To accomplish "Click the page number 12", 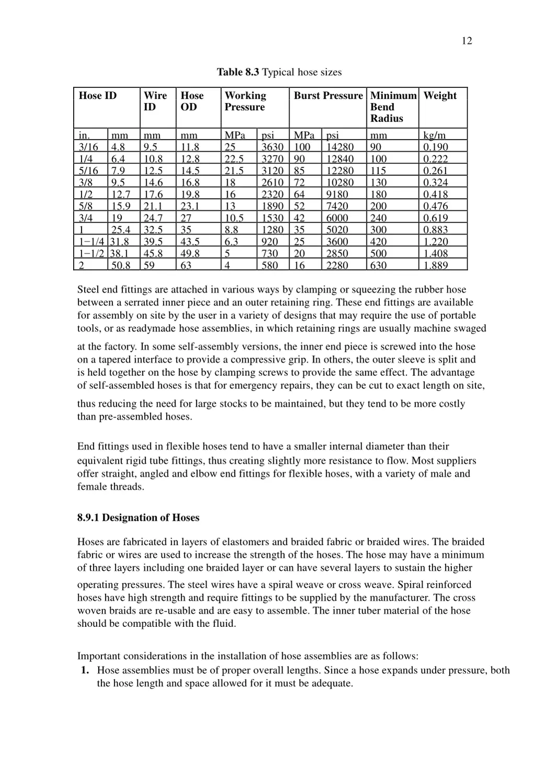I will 467,41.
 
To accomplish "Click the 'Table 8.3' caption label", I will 238,72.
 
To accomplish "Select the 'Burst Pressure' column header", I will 328,96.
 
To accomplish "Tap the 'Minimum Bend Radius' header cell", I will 393,107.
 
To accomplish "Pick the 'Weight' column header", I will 440,96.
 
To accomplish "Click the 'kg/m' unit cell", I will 435,135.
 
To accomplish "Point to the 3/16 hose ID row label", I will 88,147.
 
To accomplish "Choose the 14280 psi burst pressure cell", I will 340,147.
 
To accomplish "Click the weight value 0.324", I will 435,182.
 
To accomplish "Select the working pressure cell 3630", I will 272,147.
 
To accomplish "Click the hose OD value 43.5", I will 190,242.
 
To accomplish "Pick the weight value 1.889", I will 435,265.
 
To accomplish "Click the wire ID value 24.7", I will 153,218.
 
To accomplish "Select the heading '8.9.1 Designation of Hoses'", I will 138,518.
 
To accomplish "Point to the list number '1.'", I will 85,670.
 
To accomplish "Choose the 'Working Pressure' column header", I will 245,101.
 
